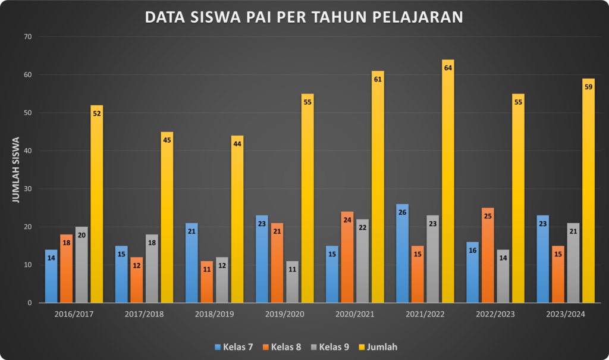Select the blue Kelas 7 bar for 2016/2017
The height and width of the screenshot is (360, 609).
[x=51, y=277]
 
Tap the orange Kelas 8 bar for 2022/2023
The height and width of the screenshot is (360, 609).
[x=488, y=256]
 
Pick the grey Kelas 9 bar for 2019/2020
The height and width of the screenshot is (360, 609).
[x=292, y=283]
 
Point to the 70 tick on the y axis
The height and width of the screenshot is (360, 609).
[x=27, y=37]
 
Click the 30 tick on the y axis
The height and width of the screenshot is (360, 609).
[x=27, y=189]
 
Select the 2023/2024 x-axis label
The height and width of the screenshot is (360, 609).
[x=566, y=314]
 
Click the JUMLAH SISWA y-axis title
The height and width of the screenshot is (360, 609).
[x=16, y=170]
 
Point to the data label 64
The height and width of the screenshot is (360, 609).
[x=448, y=68]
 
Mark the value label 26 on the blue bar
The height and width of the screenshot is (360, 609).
[x=402, y=212]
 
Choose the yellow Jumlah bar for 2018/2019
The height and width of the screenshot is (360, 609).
[x=237, y=220]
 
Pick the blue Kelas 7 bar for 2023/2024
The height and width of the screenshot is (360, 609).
[x=542, y=259]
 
